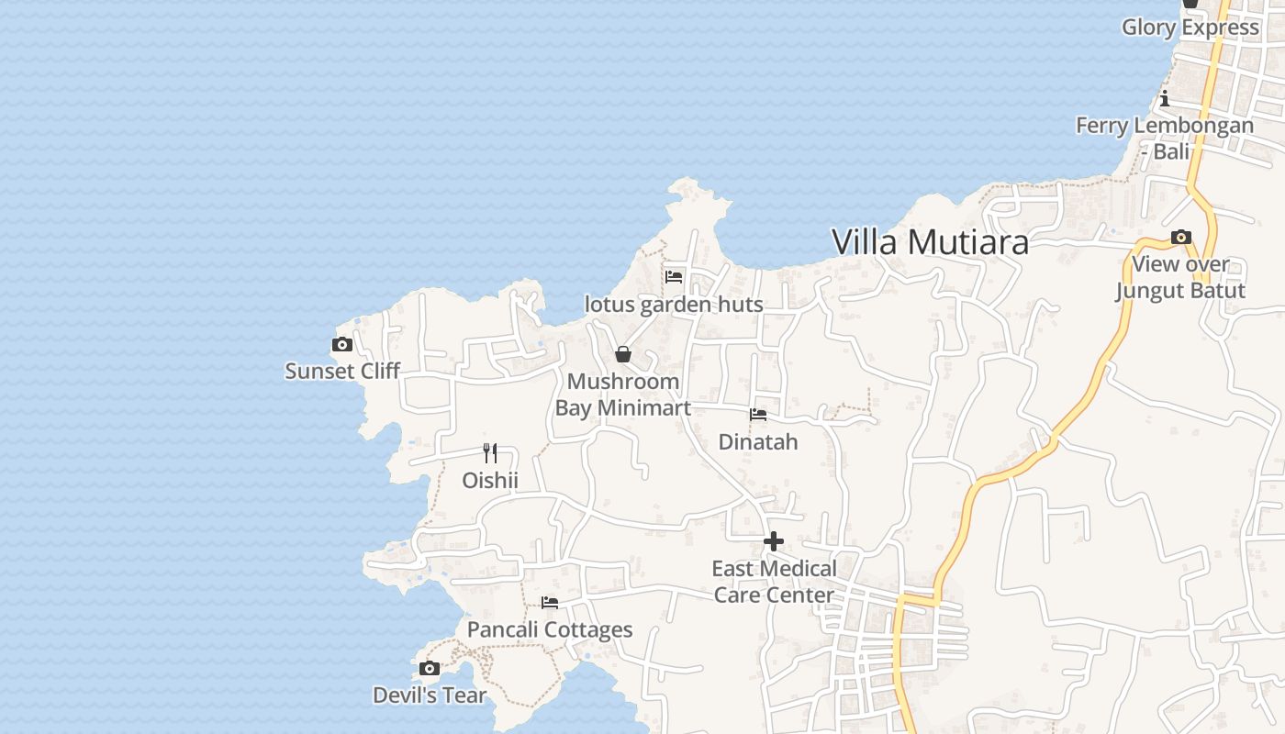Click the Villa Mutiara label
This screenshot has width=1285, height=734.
click(x=930, y=242)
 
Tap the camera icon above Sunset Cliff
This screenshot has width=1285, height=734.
click(x=342, y=345)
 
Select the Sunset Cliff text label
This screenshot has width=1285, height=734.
click(x=342, y=371)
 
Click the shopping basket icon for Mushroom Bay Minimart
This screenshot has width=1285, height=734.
click(x=623, y=354)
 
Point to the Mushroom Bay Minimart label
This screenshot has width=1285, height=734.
click(x=623, y=395)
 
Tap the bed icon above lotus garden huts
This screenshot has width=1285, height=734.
click(x=674, y=276)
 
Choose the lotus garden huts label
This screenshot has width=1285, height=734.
click(x=674, y=304)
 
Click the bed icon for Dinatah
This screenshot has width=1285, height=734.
click(x=758, y=415)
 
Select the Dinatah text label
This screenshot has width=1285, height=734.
click(x=758, y=441)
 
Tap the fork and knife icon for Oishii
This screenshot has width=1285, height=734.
click(x=490, y=453)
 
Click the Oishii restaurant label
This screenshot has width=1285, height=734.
click(x=490, y=480)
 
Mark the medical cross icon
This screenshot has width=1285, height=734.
click(x=774, y=541)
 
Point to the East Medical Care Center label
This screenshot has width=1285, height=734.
click(x=775, y=582)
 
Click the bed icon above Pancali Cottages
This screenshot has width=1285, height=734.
click(x=550, y=603)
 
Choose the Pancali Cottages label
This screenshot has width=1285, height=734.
click(x=550, y=629)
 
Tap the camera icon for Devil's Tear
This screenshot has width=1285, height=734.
click(x=429, y=668)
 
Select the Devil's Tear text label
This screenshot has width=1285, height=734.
click(x=429, y=695)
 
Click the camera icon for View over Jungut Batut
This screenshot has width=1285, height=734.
click(x=1181, y=238)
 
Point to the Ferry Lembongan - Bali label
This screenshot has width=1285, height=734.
click(x=1165, y=138)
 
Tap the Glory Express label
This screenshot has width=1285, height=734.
click(x=1190, y=27)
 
